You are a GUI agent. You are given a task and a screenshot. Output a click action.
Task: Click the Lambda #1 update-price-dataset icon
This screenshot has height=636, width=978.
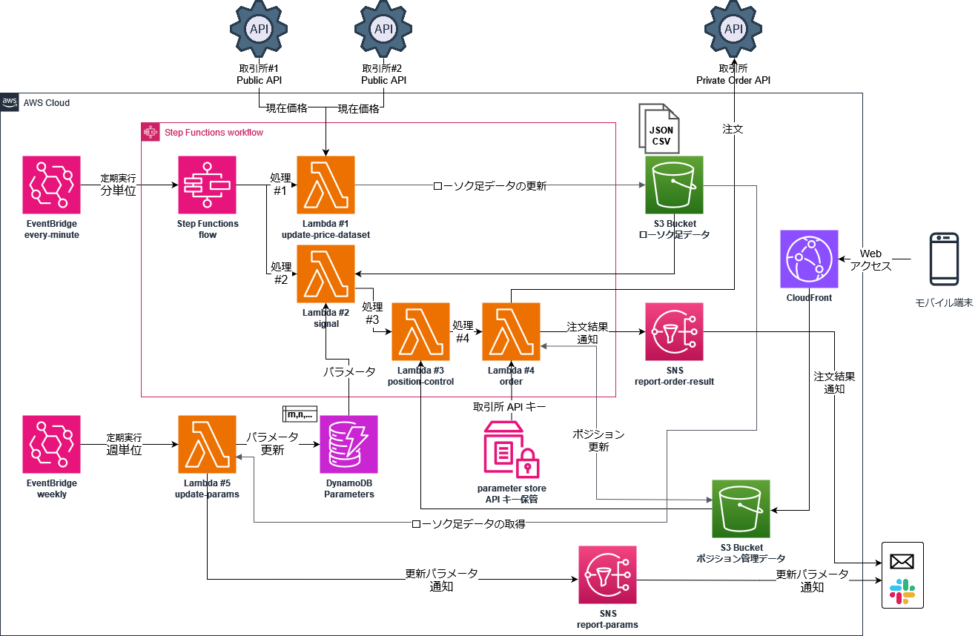(x=326, y=185)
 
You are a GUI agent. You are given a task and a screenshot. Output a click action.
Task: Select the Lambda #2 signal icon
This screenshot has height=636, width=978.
(x=326, y=274)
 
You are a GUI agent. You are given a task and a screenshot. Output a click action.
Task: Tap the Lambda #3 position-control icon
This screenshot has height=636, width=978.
(x=420, y=331)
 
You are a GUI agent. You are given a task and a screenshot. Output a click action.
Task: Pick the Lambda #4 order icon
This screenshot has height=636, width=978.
(x=511, y=331)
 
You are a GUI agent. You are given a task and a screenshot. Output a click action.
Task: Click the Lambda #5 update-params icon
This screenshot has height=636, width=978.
(x=207, y=444)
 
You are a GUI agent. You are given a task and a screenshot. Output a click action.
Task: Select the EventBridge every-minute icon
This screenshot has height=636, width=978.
(x=51, y=185)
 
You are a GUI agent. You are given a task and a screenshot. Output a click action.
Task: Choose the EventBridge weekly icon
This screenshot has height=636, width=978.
(x=51, y=444)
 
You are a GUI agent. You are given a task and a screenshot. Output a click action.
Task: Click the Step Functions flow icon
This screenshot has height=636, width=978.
(x=207, y=185)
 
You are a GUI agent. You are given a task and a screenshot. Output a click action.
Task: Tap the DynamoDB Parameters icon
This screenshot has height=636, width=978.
(x=348, y=444)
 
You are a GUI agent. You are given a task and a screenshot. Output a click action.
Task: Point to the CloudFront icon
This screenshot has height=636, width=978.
(x=809, y=259)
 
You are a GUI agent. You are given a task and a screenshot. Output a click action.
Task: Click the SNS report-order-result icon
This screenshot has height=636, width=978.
(x=674, y=331)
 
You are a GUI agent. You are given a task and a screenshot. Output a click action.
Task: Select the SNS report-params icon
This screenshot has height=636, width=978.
(x=607, y=575)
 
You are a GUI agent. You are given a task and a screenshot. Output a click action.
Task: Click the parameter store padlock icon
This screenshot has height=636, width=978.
(x=528, y=463)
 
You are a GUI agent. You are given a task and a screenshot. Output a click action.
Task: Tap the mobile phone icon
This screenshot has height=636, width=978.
(x=944, y=259)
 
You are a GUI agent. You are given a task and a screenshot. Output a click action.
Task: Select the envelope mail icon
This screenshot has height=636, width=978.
(x=902, y=561)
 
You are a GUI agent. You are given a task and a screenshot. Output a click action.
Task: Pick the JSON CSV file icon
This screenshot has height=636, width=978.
(x=658, y=129)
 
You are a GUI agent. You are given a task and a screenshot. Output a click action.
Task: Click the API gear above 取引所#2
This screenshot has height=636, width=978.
(x=383, y=29)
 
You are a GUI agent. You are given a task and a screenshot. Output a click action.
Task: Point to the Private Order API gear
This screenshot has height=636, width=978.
(x=733, y=29)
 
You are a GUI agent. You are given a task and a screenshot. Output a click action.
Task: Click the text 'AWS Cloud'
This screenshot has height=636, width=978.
(x=47, y=102)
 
